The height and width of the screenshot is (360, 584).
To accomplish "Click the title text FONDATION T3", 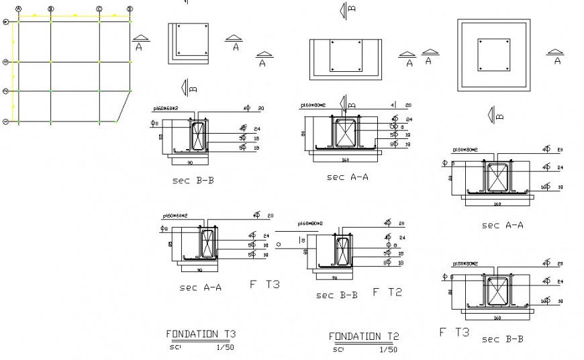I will tap(201, 334).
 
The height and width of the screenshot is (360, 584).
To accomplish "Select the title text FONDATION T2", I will tap(364, 336).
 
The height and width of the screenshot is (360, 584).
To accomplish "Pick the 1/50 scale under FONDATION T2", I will tap(388, 349).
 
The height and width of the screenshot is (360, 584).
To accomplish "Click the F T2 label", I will tap(387, 292).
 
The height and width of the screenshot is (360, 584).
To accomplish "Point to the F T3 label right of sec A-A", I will tap(264, 284).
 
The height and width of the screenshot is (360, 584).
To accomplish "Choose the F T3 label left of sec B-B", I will tap(454, 332).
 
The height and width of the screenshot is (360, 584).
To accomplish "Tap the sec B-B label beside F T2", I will tap(336, 295).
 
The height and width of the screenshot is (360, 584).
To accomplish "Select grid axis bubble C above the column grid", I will tap(99, 9).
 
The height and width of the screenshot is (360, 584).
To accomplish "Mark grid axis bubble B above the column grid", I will tap(51, 9).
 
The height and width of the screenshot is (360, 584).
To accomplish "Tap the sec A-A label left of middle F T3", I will tap(200, 287).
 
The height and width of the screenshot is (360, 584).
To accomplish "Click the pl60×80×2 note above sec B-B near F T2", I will tap(309, 224).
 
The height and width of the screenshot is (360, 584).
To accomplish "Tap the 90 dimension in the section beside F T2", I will tap(335, 277).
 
